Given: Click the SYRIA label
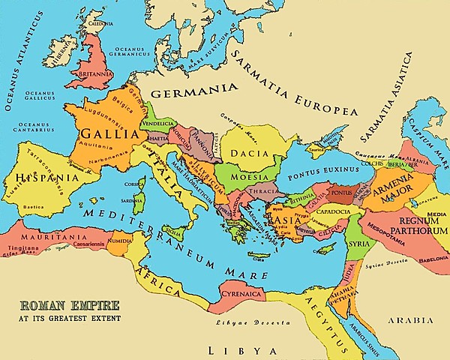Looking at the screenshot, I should (360, 244).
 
